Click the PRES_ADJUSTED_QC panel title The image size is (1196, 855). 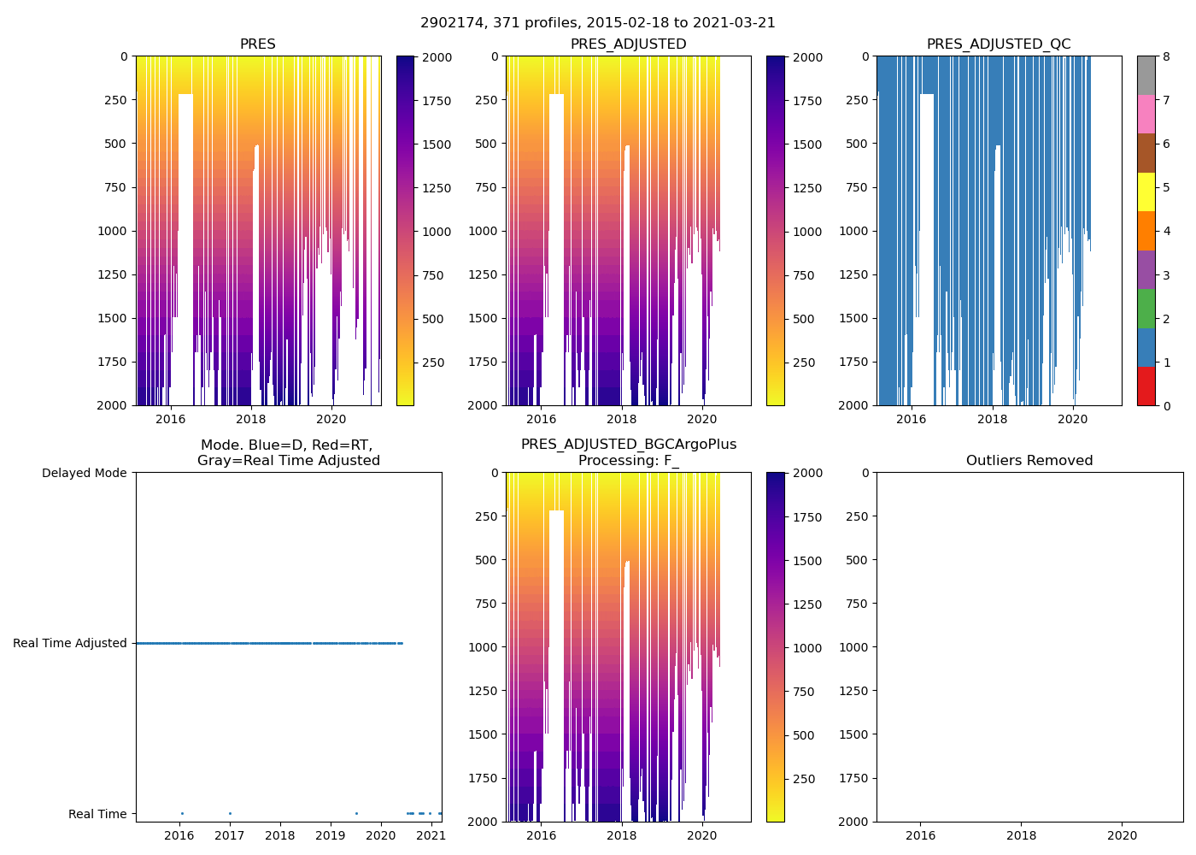tap(999, 44)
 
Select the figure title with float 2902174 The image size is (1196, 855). tap(598, 23)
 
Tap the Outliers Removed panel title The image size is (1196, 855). tap(1029, 461)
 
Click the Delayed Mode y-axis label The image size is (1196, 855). tap(84, 473)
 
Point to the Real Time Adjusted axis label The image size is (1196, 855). tap(70, 643)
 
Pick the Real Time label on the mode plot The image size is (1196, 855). tap(97, 814)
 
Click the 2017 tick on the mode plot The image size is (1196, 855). tap(230, 834)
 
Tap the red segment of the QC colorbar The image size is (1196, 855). tap(1146, 386)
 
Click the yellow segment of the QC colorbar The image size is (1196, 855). tap(1146, 192)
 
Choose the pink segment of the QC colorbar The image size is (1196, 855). tap(1146, 114)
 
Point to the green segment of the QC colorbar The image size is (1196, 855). tap(1146, 308)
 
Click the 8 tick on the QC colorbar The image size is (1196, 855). tap(1166, 57)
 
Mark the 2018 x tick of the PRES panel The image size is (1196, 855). tap(250, 419)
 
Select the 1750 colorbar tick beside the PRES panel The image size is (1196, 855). tap(437, 101)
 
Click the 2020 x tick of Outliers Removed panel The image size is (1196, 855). tap(1122, 835)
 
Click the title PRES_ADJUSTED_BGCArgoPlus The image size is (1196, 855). tap(629, 445)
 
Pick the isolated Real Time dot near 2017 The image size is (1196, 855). tap(230, 813)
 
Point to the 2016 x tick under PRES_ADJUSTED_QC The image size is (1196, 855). tap(911, 419)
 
